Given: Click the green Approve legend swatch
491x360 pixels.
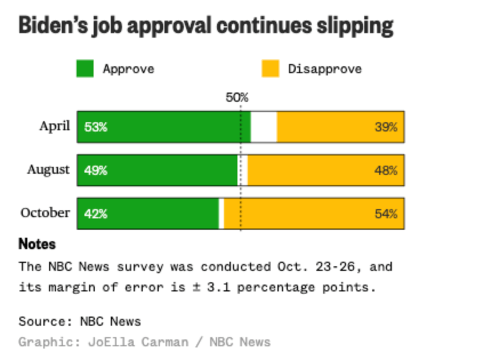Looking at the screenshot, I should click(84, 69).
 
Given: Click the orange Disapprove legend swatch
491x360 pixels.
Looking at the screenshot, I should click(270, 69).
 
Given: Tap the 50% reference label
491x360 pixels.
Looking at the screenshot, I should click(237, 98).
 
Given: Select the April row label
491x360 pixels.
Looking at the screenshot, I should click(54, 126).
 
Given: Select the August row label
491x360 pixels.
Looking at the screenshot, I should click(48, 169).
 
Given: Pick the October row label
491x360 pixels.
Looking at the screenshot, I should click(45, 213).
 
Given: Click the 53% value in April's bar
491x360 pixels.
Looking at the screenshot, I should click(95, 127).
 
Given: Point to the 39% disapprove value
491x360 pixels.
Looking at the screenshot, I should click(386, 127).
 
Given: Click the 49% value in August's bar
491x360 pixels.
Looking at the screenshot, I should click(95, 170).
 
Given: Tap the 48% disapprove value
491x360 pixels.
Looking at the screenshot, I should click(386, 170).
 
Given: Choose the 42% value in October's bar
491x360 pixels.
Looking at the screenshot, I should click(95, 214).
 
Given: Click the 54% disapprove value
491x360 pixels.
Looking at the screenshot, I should click(386, 214).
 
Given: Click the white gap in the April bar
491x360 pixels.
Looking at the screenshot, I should click(264, 127).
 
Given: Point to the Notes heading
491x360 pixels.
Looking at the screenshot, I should click(37, 244).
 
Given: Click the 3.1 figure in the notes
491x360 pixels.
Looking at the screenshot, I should click(216, 287).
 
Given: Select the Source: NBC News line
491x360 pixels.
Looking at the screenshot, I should click(79, 321).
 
